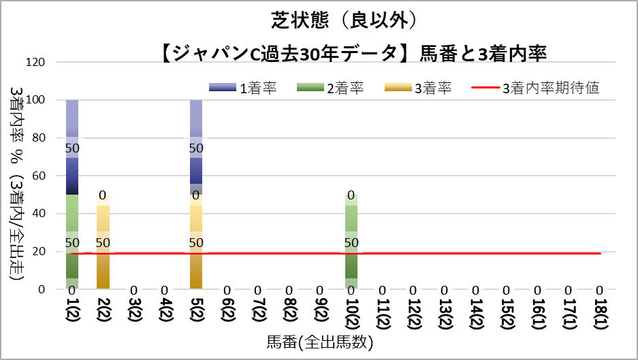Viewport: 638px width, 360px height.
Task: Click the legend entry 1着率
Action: [242, 88]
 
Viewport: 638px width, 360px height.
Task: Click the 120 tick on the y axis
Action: [35, 63]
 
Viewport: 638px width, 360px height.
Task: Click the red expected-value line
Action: [477, 253]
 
